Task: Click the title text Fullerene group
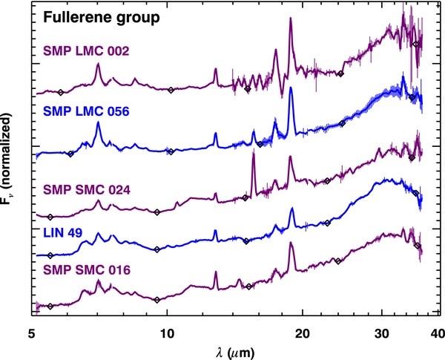click(102, 18)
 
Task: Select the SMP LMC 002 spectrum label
click(86, 51)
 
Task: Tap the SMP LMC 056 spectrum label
click(86, 111)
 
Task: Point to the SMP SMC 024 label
click(87, 190)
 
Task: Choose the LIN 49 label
click(63, 233)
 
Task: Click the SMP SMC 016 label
click(87, 270)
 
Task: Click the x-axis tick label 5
click(32, 333)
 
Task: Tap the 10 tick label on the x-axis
click(167, 333)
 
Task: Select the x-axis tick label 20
click(303, 333)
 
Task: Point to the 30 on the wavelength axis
click(381, 333)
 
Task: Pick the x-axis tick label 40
click(438, 333)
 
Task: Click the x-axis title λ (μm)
click(235, 353)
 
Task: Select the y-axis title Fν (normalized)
click(7, 159)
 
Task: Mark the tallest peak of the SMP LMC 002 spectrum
click(290, 18)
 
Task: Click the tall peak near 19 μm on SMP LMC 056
click(290, 88)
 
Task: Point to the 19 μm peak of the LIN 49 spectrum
click(291, 209)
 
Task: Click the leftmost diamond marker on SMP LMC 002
click(60, 92)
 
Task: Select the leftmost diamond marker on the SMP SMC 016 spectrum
click(50, 307)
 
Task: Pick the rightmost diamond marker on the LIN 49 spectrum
click(416, 193)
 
